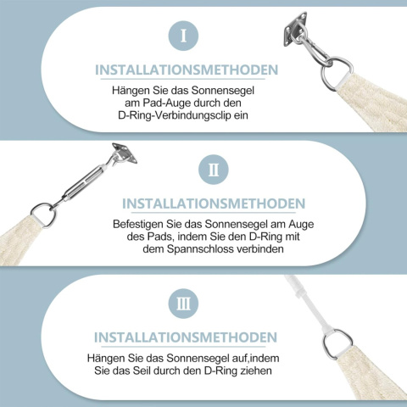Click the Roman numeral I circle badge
coord(183,36)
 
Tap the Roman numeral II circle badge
coord(214,170)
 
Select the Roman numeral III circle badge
coord(183,304)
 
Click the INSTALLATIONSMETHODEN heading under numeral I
coord(187,70)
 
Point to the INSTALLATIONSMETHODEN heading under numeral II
coord(214,203)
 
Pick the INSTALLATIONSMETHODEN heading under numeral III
coord(186,337)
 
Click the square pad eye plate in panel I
coord(295,28)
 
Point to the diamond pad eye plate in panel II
coord(125,153)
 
